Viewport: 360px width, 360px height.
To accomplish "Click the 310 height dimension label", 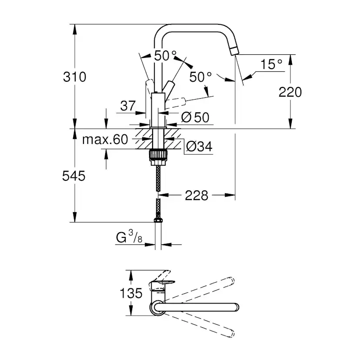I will (x=75, y=77).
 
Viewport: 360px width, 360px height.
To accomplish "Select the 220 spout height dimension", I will (x=290, y=92).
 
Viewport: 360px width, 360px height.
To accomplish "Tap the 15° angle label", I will (x=271, y=64).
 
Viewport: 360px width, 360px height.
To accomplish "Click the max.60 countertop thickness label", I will (x=106, y=140).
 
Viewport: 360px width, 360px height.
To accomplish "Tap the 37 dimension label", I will (x=127, y=105).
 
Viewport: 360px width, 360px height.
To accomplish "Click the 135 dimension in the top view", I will (x=131, y=293).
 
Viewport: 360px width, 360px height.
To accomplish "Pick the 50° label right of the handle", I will (x=201, y=77).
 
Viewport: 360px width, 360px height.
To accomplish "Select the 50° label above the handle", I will (x=166, y=56).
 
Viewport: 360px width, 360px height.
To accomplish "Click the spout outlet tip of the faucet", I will (x=235, y=50).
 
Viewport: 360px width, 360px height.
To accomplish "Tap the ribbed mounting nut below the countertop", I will (x=158, y=155).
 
